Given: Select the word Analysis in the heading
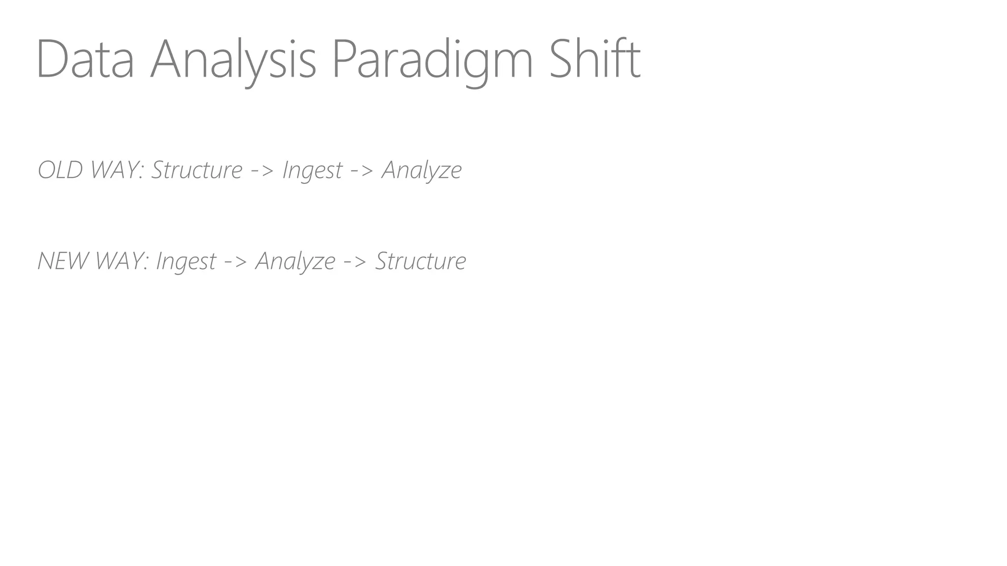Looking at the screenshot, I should [233, 60].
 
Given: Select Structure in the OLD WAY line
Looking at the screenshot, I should [197, 170].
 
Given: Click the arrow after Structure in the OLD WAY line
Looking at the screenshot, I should [262, 171].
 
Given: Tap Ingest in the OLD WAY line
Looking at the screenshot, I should [312, 171].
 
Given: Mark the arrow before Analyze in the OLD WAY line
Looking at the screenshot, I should [362, 171].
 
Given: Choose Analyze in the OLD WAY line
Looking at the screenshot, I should [422, 171].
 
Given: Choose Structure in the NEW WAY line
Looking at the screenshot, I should [420, 261].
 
